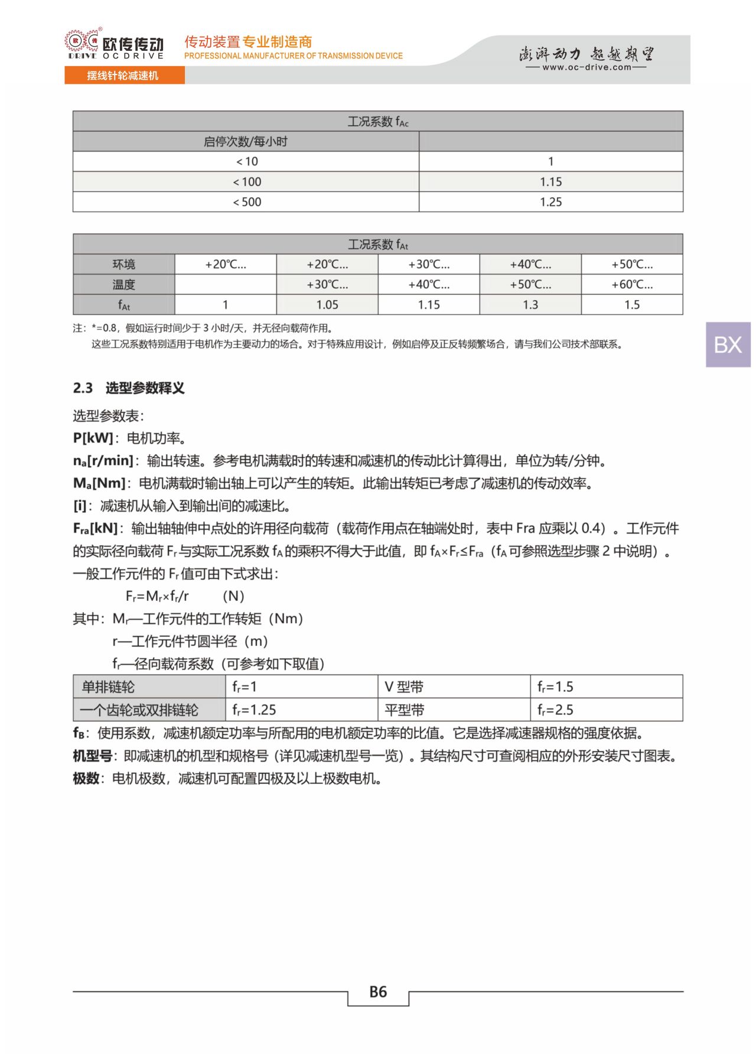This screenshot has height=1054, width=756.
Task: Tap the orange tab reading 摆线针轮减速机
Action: coord(124,76)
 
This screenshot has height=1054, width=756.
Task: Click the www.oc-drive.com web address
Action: coord(586,67)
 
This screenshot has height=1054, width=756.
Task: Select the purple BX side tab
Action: coord(728,344)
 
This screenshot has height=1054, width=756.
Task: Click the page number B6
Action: coord(378,992)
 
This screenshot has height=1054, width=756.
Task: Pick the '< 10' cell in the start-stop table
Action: coord(246,161)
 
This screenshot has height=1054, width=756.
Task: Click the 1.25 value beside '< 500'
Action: coord(550,202)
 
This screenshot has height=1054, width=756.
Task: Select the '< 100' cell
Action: coord(246,182)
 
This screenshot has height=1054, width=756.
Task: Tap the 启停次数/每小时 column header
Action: coord(246,142)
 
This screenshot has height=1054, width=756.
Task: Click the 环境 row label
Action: coord(124,264)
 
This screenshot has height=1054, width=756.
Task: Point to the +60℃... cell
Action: coord(632,284)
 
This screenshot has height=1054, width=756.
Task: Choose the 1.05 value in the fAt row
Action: coord(327,305)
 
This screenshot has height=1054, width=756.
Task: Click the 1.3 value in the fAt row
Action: coord(530,305)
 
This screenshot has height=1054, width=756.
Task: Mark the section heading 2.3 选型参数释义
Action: coord(129,388)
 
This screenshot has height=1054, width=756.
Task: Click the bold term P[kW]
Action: coord(93,438)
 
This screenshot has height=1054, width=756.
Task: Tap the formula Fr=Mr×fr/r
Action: coord(157,596)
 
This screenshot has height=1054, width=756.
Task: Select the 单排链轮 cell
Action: coord(108,687)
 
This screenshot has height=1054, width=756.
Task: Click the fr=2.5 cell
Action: coord(555,710)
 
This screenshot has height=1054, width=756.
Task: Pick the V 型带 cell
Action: coord(404,687)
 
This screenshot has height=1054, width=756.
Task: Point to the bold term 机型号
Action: coord(93,756)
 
